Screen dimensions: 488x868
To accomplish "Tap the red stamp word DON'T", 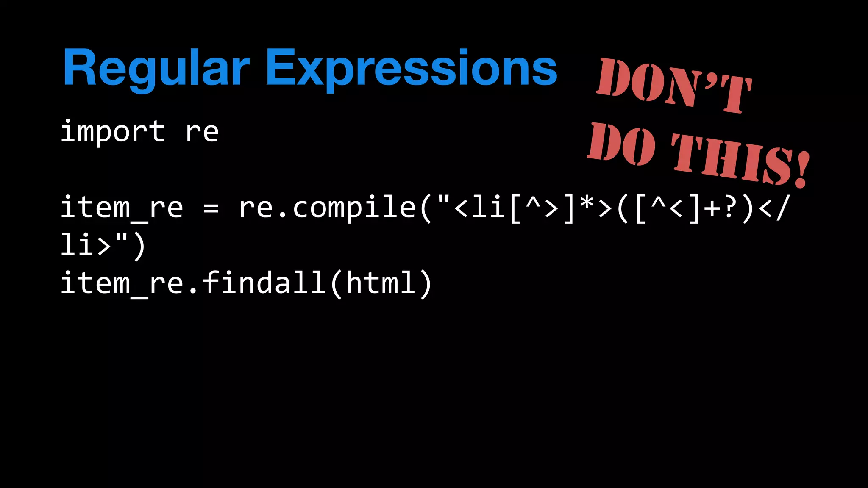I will (x=674, y=85).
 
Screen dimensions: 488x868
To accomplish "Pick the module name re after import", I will (x=202, y=132).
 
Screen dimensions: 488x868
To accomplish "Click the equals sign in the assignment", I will (x=211, y=208).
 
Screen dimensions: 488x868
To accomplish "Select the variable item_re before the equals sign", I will (x=122, y=208).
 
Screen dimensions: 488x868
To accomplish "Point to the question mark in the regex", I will (x=729, y=207).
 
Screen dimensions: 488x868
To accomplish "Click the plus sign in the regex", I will (x=712, y=208).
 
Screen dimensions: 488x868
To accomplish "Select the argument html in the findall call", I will (x=381, y=283).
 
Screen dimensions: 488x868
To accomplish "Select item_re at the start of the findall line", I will (x=122, y=283).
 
